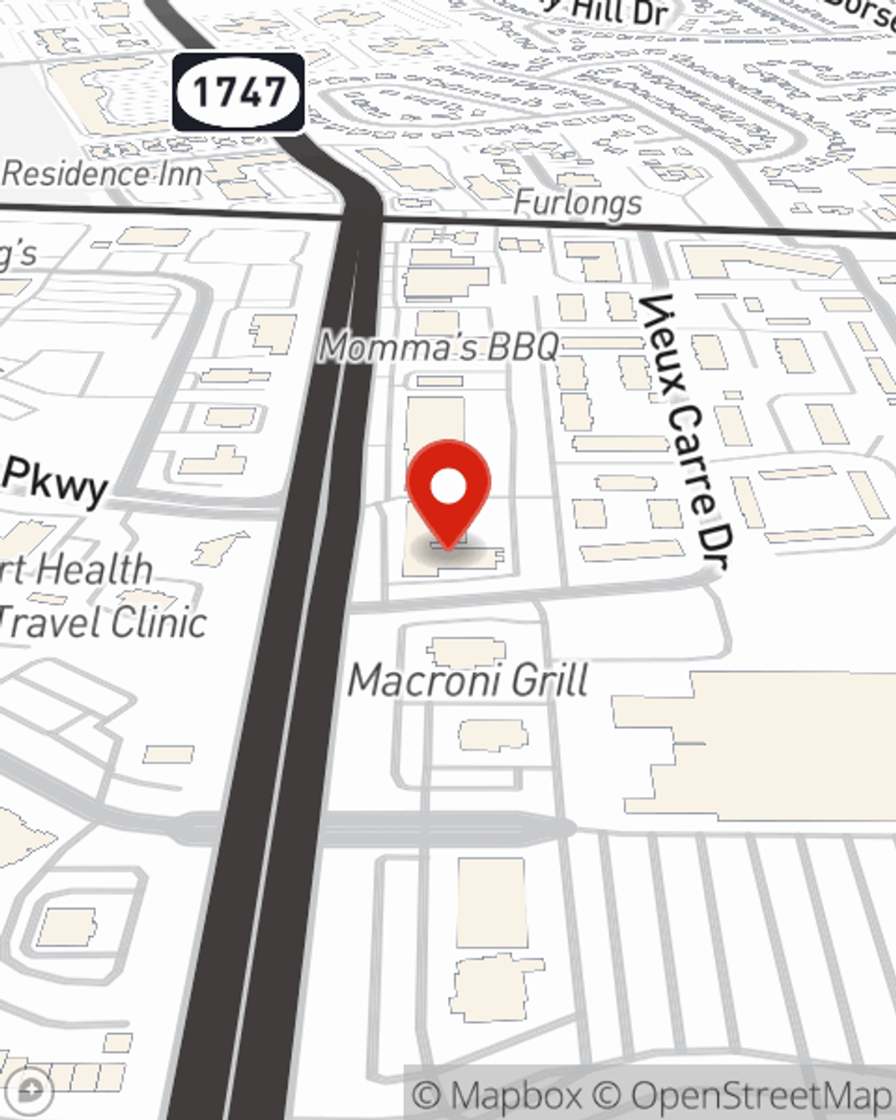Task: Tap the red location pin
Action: [x=448, y=493]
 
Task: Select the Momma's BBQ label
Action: [x=440, y=347]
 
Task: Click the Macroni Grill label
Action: [x=468, y=681]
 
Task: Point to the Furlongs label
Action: [x=577, y=203]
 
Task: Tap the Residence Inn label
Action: [x=101, y=173]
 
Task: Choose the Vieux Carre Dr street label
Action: [x=686, y=430]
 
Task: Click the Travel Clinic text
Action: [x=103, y=622]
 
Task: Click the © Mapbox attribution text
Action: [x=496, y=1095]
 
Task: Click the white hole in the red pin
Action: [x=448, y=487]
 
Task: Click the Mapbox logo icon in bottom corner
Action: [x=31, y=1091]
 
